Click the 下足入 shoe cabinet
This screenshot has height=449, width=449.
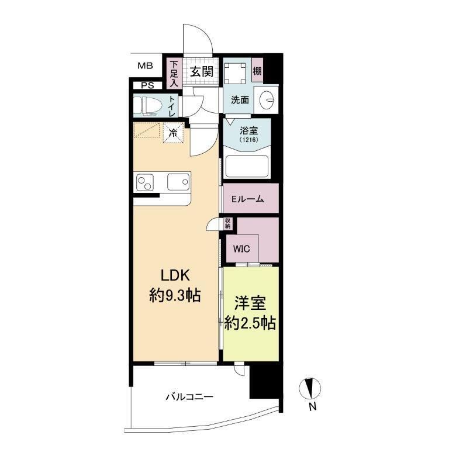[x=174, y=74]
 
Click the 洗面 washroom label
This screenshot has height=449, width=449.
[x=240, y=100]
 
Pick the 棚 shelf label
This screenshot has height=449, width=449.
[x=257, y=71]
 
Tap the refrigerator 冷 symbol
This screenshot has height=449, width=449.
[x=173, y=132]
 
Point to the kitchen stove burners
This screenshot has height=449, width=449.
[x=144, y=183]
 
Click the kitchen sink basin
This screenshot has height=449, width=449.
[x=178, y=182]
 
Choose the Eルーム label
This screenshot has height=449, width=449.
[x=248, y=199]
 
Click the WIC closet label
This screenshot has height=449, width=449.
[x=241, y=248]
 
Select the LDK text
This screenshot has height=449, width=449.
[x=174, y=276]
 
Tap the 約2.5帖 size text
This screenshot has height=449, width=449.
[x=251, y=322]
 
